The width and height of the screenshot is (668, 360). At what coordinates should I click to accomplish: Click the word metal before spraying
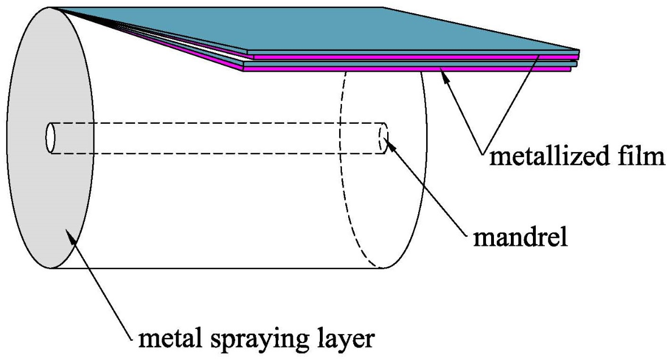[x=171, y=339]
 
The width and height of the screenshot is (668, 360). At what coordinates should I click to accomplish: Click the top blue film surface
[x=339, y=31]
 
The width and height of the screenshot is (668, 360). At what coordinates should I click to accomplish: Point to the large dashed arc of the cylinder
[x=338, y=170]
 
